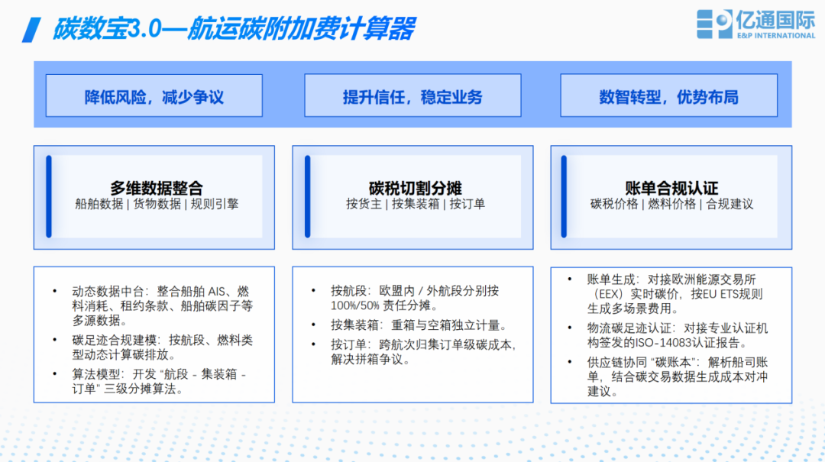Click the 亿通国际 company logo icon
pyautogui.click(x=714, y=24)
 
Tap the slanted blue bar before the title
pyautogui.click(x=31, y=30)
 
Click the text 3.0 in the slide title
pyautogui.click(x=144, y=29)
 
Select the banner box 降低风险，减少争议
pyautogui.click(x=154, y=95)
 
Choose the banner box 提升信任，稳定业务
pyautogui.click(x=412, y=95)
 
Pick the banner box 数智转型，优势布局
pyautogui.click(x=668, y=95)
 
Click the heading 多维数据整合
pyautogui.click(x=157, y=188)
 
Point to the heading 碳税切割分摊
pyautogui.click(x=415, y=188)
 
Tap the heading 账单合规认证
pyautogui.click(x=671, y=188)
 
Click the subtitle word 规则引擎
pyautogui.click(x=215, y=204)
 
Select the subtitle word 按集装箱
pyautogui.click(x=415, y=204)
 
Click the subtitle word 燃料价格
pyautogui.click(x=671, y=204)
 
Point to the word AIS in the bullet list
pyautogui.click(x=217, y=292)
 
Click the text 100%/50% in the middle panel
pyautogui.click(x=355, y=305)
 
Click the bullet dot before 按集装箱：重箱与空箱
pyautogui.click(x=314, y=325)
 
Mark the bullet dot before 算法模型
pyautogui.click(x=55, y=374)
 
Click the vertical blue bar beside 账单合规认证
pyautogui.click(x=564, y=196)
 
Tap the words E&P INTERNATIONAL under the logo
pyautogui.click(x=776, y=36)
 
